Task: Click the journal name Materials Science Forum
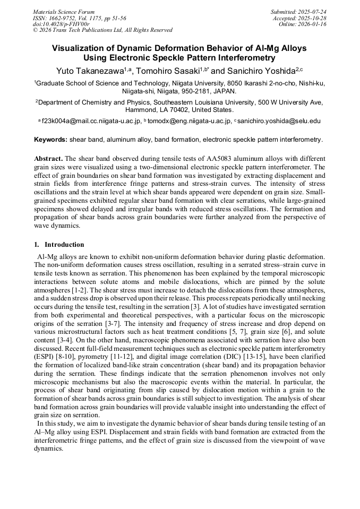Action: click(x=64, y=12)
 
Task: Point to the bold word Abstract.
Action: click(x=48, y=159)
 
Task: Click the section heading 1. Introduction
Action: click(x=59, y=245)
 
